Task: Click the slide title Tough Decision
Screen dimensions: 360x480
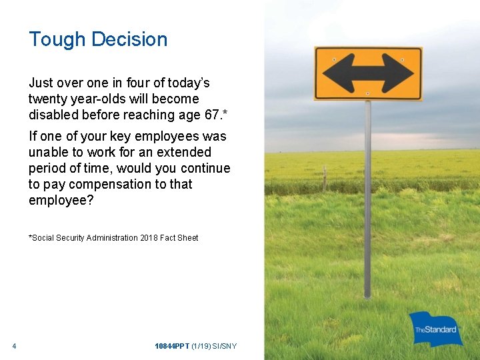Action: (x=98, y=39)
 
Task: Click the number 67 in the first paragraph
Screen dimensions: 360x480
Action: (x=212, y=115)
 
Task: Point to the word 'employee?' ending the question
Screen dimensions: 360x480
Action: (x=61, y=200)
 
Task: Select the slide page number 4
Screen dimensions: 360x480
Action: (x=14, y=346)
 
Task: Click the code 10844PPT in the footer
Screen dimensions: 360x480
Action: (x=171, y=346)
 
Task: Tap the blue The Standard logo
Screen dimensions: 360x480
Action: (x=436, y=329)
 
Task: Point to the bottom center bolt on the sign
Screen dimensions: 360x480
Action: (x=367, y=93)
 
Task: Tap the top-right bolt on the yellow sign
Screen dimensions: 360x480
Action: (x=403, y=60)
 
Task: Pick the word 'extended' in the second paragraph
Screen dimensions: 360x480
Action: (x=186, y=152)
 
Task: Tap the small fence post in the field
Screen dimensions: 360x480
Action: (x=325, y=179)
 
